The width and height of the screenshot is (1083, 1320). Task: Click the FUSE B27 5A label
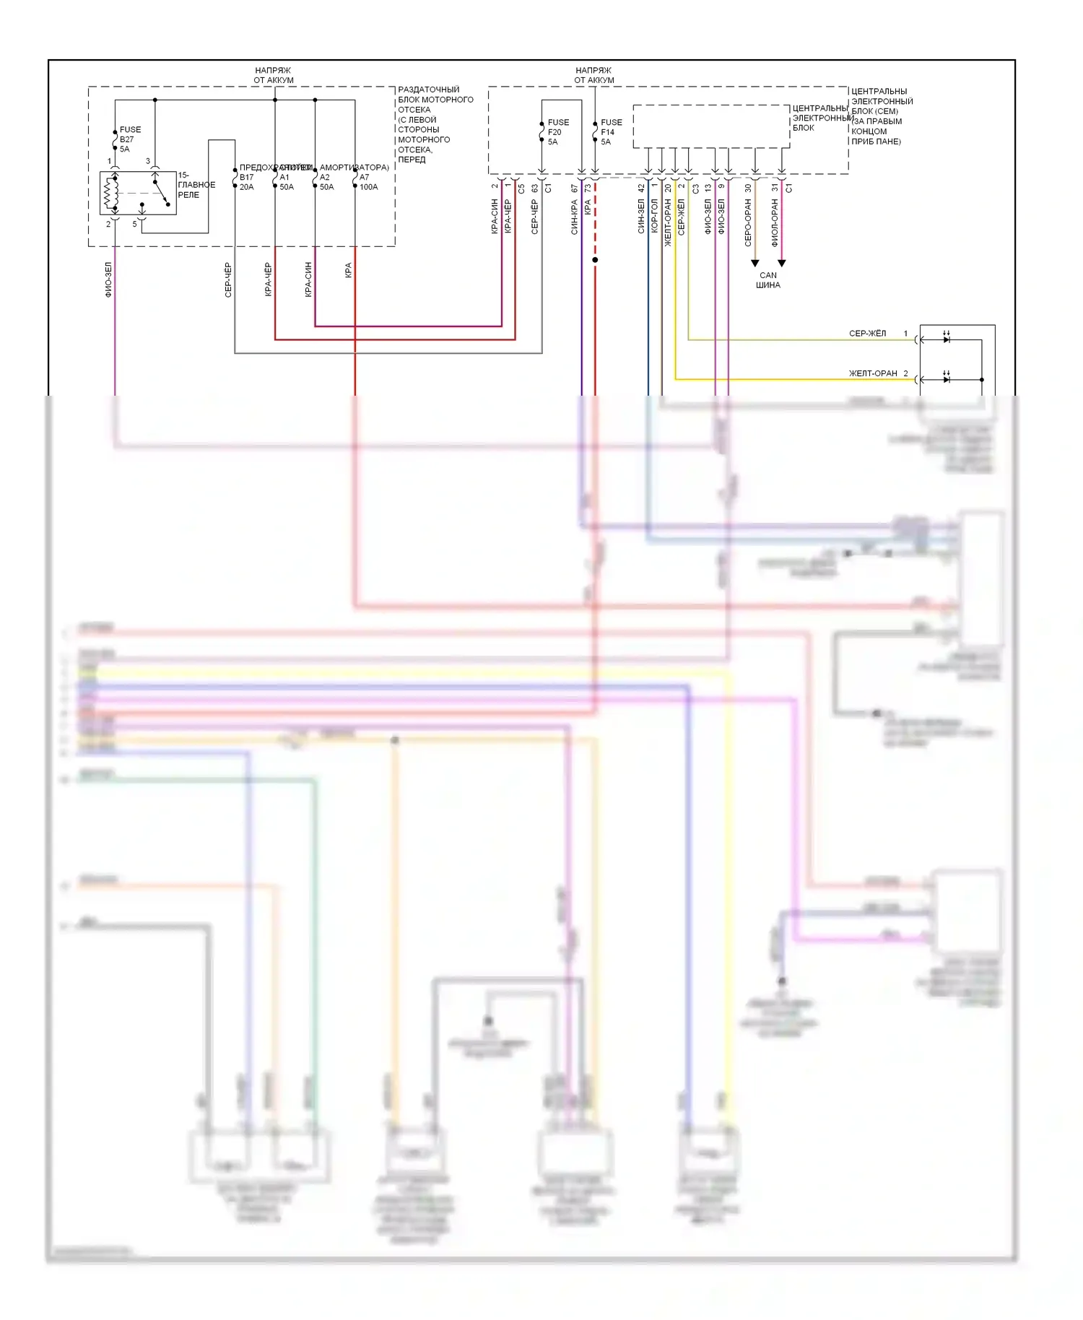coord(130,139)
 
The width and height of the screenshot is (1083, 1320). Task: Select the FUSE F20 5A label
coord(557,132)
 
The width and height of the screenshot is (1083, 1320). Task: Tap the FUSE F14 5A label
coord(611,132)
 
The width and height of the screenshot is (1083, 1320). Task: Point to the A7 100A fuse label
coord(368,182)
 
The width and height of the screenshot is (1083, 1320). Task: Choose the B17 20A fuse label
coord(246,182)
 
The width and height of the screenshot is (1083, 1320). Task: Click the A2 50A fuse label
coord(326,182)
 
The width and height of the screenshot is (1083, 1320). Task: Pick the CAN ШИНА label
coord(768,280)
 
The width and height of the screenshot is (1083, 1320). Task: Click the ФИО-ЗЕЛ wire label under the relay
coord(108,279)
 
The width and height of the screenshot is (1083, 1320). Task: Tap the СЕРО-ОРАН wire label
coord(748,223)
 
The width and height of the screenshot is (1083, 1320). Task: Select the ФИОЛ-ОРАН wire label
coord(775,223)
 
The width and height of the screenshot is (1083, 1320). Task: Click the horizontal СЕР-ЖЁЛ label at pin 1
coord(867,334)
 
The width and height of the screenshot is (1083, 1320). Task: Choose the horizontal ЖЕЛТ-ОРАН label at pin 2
coord(872,373)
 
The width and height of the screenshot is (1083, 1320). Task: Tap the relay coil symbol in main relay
coord(111,193)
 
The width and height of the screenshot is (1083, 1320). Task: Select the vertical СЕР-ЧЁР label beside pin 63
coord(535,217)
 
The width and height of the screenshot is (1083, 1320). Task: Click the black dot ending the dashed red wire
coord(595,260)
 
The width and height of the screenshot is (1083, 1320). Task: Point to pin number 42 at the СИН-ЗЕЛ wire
coord(641,188)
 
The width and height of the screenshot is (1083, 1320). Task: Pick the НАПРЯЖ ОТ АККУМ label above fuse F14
coord(593,75)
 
